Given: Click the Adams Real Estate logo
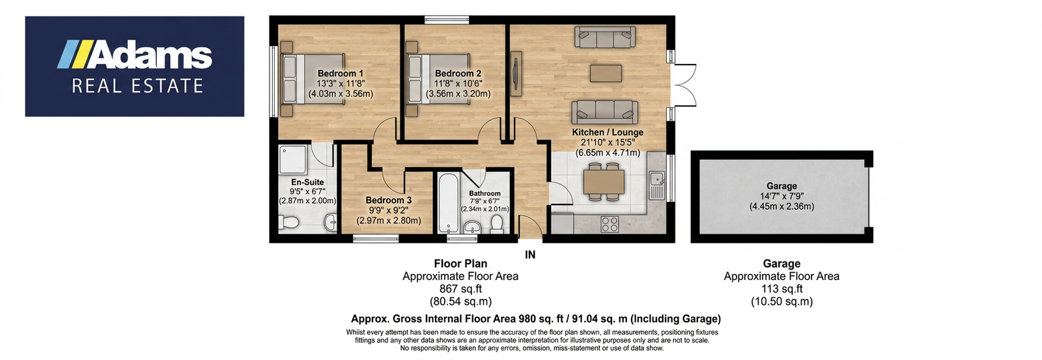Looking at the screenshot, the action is [134, 66].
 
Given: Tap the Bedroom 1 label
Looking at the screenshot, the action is [341, 74].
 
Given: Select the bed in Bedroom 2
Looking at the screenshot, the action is [438, 79].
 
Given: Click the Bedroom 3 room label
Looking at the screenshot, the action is [388, 201].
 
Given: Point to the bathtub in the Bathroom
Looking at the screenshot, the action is [449, 203].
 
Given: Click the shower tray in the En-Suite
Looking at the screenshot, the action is [293, 159].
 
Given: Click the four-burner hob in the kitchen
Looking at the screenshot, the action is [610, 225].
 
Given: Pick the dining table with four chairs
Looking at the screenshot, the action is [604, 182].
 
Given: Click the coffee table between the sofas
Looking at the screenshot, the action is [606, 73].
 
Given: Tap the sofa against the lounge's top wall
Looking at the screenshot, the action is [605, 37].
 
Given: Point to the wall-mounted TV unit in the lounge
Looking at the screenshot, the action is [516, 74].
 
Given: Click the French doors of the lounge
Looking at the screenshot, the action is [684, 85].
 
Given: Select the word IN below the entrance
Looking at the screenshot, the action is [530, 255].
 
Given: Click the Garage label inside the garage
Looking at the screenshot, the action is [781, 186].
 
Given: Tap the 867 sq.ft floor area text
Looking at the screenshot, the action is [460, 289].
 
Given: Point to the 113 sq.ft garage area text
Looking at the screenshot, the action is [781, 289].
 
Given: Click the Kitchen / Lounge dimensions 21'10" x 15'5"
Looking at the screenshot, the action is [608, 143].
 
